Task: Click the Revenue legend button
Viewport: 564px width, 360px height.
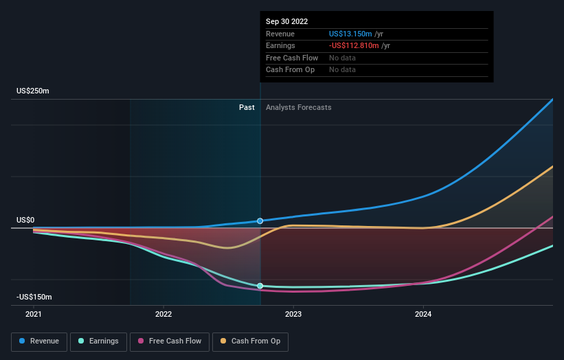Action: [x=39, y=341]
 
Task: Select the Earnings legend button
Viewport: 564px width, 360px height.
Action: [x=98, y=341]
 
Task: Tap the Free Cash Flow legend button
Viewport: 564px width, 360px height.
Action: [x=168, y=341]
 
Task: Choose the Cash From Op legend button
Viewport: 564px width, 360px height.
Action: [x=250, y=341]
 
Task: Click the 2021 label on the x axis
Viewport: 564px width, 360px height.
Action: [x=33, y=314]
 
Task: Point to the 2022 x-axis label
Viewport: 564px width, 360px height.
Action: [x=163, y=314]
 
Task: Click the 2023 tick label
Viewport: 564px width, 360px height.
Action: [x=293, y=314]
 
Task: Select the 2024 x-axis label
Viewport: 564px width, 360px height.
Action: [x=423, y=314]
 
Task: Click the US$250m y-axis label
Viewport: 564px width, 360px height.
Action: [x=33, y=91]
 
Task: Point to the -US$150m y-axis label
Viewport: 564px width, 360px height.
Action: [x=34, y=297]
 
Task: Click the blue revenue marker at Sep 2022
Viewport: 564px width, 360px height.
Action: [x=260, y=221]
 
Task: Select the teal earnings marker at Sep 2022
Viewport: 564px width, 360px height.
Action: [x=260, y=286]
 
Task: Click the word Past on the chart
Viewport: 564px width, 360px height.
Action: [x=247, y=107]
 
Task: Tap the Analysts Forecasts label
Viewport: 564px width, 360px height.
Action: [x=298, y=107]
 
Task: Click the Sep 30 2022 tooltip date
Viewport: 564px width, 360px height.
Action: [x=286, y=21]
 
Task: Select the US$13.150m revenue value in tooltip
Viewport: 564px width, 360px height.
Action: [x=350, y=34]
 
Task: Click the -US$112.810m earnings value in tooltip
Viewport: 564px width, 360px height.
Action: [x=354, y=46]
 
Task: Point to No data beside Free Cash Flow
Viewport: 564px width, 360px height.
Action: [x=342, y=58]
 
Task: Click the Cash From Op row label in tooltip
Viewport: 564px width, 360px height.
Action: [x=290, y=70]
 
